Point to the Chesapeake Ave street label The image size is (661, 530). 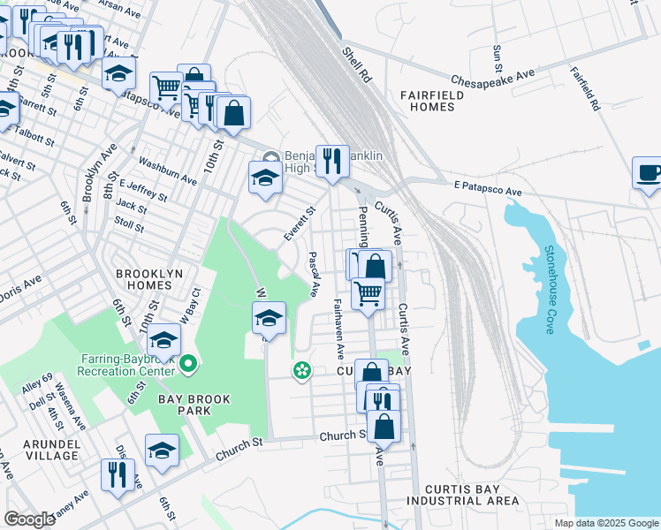coord(494,79)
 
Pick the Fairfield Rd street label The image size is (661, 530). coord(585,88)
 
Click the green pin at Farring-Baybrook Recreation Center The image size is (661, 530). coord(187,364)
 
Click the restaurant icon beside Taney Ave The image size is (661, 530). coord(117,475)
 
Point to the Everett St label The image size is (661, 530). coord(299,224)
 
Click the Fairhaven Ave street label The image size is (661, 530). coord(338,328)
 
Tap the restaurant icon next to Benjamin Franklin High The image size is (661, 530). coord(332,162)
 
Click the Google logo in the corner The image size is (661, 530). coord(30,519)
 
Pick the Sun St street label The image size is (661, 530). coord(498,58)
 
